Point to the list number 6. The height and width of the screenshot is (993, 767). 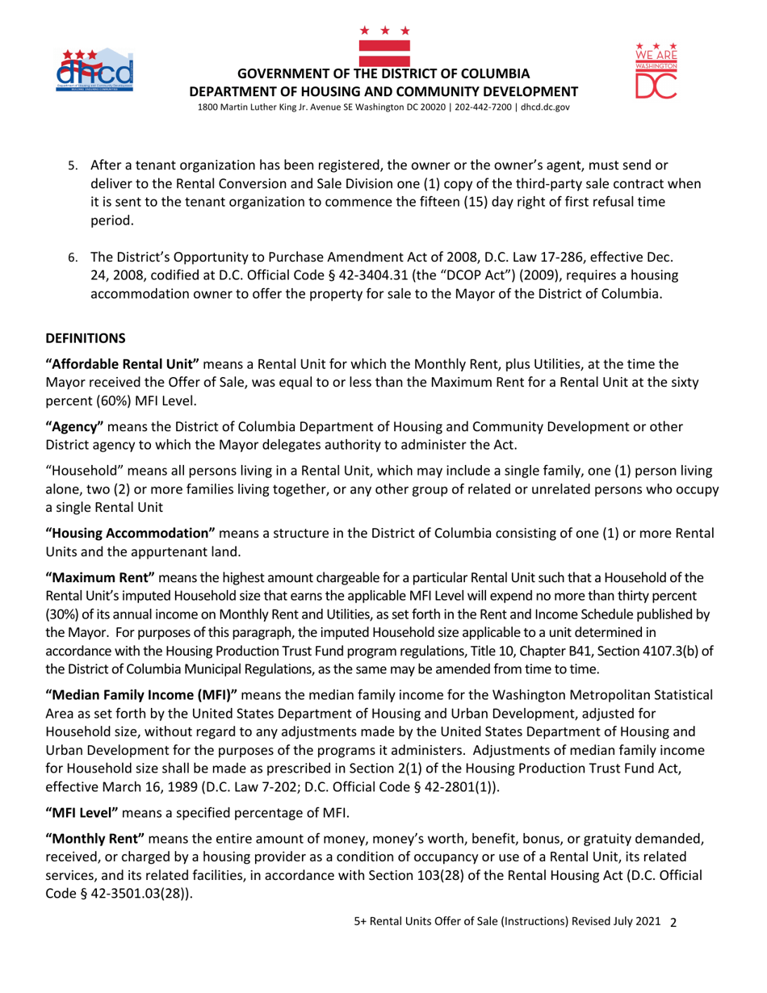pos(72,258)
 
